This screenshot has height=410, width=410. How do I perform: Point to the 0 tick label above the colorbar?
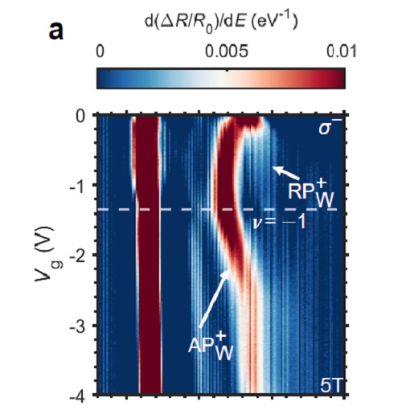pos(100,51)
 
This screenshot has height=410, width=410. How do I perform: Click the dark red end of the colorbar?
pos(326,77)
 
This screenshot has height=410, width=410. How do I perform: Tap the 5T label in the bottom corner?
pos(330,385)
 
